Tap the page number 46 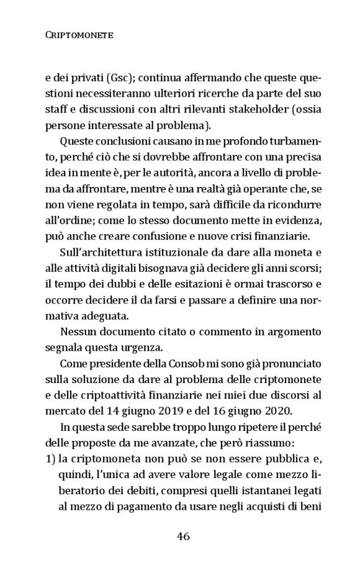[183, 536]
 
